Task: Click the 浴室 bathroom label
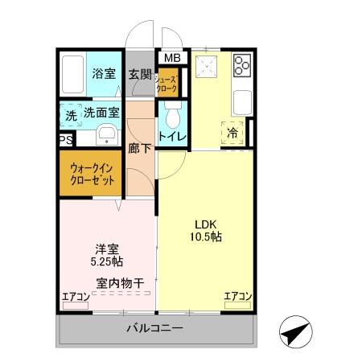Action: (103, 74)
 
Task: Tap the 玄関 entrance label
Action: (140, 74)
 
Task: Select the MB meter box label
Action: (172, 58)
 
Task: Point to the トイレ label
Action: (172, 136)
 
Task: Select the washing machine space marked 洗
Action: (71, 115)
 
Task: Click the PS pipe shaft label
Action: (64, 140)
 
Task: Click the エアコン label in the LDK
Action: (237, 297)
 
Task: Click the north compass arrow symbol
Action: (296, 331)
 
